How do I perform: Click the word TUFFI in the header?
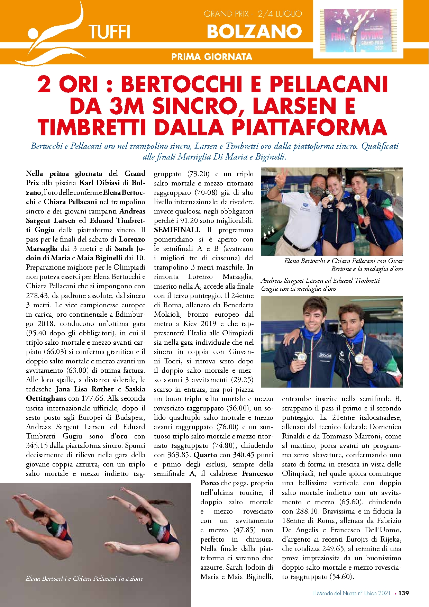click(109, 32)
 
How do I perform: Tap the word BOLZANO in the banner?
click(254, 32)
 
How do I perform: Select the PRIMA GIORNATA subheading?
click(212, 57)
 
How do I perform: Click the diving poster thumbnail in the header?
click(358, 30)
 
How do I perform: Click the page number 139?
click(403, 593)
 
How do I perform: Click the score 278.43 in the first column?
click(38, 296)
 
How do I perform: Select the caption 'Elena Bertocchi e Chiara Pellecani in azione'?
click(84, 578)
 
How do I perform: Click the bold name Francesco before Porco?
click(257, 473)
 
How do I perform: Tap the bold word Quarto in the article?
click(206, 455)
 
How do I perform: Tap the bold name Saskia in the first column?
click(135, 389)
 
